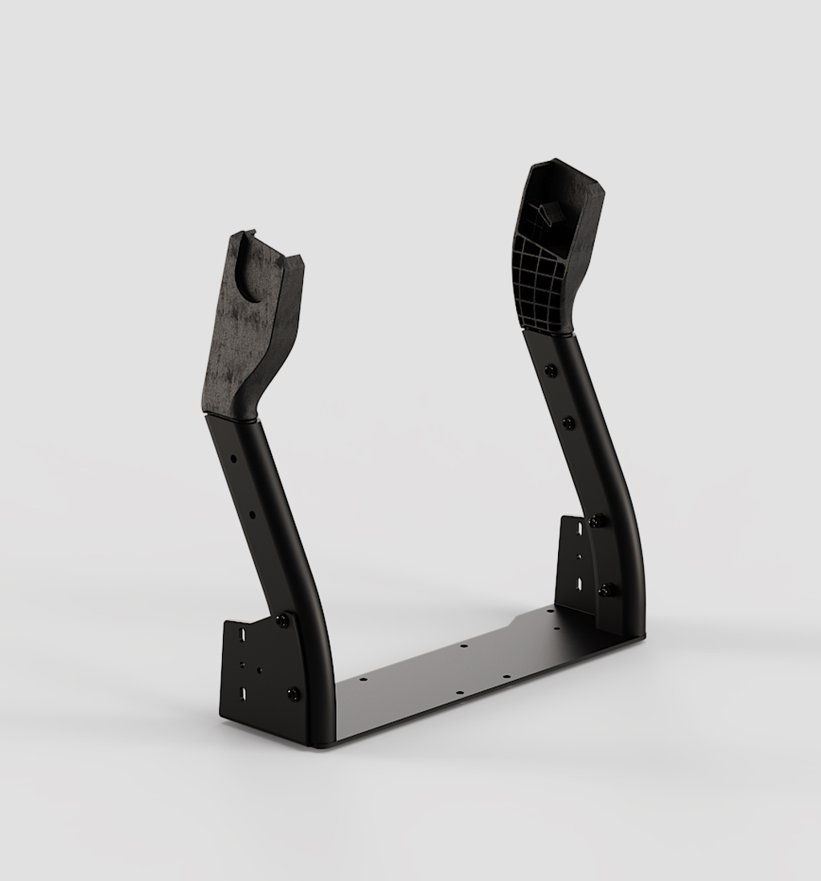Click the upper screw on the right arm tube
click(551, 370)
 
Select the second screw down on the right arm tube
click(568, 422)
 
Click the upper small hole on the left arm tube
click(233, 459)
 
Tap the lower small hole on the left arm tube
click(252, 513)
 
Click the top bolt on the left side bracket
click(282, 621)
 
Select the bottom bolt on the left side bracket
click(293, 694)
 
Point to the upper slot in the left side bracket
click(240, 633)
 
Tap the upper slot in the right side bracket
click(579, 529)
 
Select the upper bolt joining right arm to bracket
click(595, 522)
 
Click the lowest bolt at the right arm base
click(607, 591)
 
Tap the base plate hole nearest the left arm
click(362, 679)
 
